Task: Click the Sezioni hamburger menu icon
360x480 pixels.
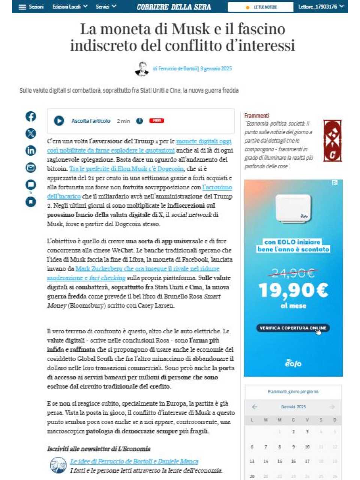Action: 22,7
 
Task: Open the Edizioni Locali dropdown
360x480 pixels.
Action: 70,7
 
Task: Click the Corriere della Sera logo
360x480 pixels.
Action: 174,7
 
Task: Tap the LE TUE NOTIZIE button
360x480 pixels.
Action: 261,7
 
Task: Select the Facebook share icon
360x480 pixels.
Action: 31,116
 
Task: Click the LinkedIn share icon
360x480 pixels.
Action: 31,150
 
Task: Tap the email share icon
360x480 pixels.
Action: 31,167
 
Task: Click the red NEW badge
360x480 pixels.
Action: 156,120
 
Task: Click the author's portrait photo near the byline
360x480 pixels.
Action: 142,69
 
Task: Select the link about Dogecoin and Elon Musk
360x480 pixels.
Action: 126,169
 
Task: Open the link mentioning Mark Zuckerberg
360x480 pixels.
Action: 147,268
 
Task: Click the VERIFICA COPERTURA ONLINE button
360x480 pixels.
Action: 293,328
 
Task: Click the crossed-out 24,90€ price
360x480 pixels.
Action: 293,273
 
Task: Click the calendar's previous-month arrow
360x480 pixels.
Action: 255,406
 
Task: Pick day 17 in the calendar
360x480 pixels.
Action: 307,461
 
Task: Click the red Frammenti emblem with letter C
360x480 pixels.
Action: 332,141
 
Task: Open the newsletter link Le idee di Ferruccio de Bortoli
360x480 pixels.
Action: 134,461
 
